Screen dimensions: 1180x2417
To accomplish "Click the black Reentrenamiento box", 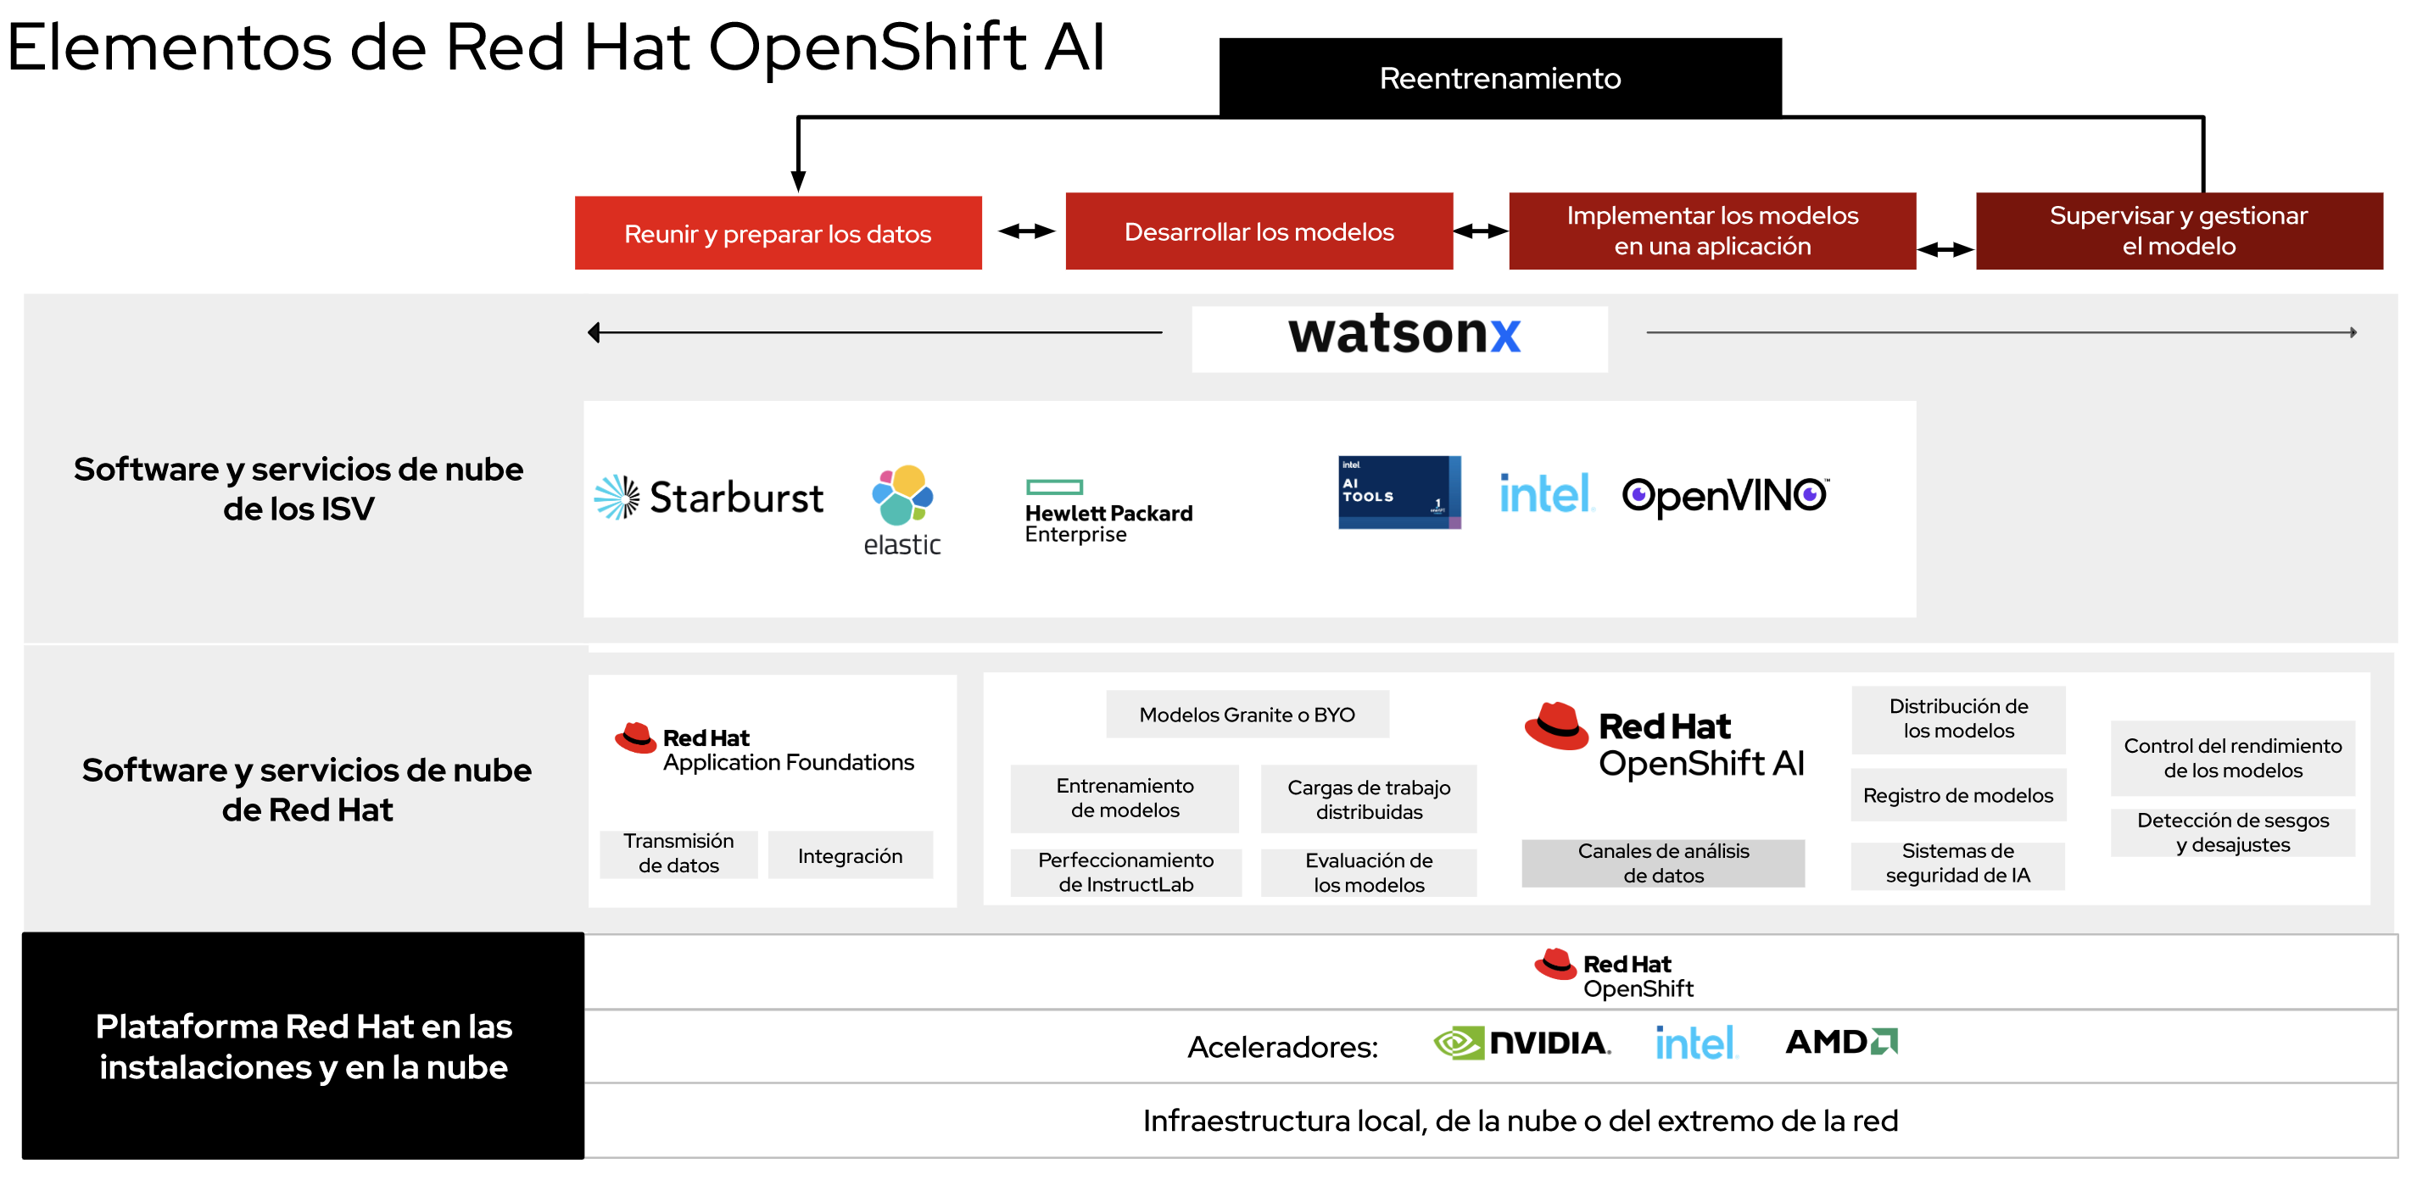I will click(1499, 78).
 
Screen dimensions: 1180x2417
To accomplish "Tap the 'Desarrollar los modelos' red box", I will click(1259, 231).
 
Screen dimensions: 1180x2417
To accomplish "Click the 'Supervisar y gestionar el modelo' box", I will click(2178, 231).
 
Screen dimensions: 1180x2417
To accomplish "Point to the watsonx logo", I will click(1404, 335).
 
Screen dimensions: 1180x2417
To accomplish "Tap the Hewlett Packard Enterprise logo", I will click(1108, 512).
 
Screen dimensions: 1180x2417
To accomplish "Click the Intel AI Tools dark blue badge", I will click(1398, 492).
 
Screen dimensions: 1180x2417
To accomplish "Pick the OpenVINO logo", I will click(1725, 495).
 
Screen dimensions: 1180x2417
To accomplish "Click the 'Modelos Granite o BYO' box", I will click(1246, 715).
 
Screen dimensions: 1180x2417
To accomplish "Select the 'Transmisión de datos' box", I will click(678, 853).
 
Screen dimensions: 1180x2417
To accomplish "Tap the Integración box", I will click(849, 855).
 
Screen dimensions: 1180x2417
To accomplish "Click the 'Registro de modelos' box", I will click(1957, 795).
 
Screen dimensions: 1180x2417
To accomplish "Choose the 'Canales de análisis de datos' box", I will click(1662, 863).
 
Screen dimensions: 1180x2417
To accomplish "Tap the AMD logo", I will click(1840, 1041).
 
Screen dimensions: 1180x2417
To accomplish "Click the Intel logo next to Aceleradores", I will click(1694, 1042).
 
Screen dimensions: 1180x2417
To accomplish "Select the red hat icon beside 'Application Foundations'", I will click(635, 738).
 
